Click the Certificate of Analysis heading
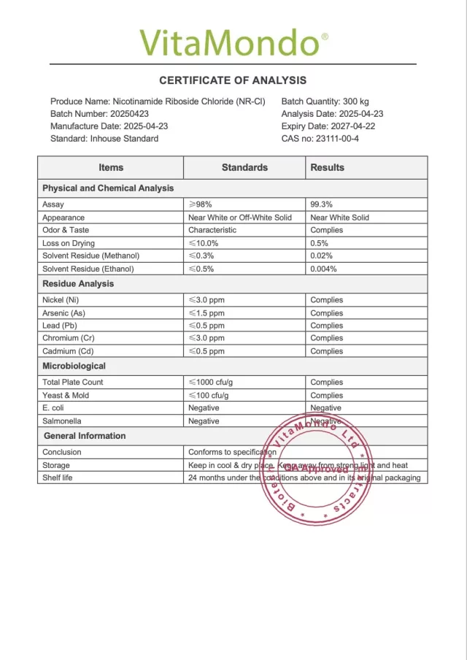[233, 80]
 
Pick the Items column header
[111, 167]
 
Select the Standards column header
[244, 167]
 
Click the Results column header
[327, 167]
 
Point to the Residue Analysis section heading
[78, 284]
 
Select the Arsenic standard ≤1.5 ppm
[207, 312]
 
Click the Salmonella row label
[62, 421]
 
